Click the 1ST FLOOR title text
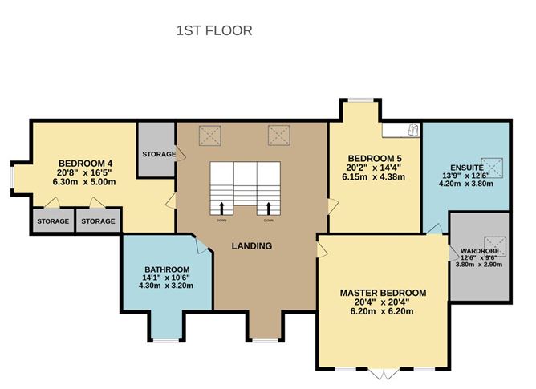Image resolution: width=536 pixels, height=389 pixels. (x=214, y=31)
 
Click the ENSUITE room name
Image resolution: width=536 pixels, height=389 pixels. (x=465, y=168)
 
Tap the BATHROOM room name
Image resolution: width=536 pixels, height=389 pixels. (x=167, y=269)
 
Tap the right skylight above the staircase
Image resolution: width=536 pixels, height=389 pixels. (x=279, y=133)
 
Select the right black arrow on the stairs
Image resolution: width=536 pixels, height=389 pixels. (x=268, y=209)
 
